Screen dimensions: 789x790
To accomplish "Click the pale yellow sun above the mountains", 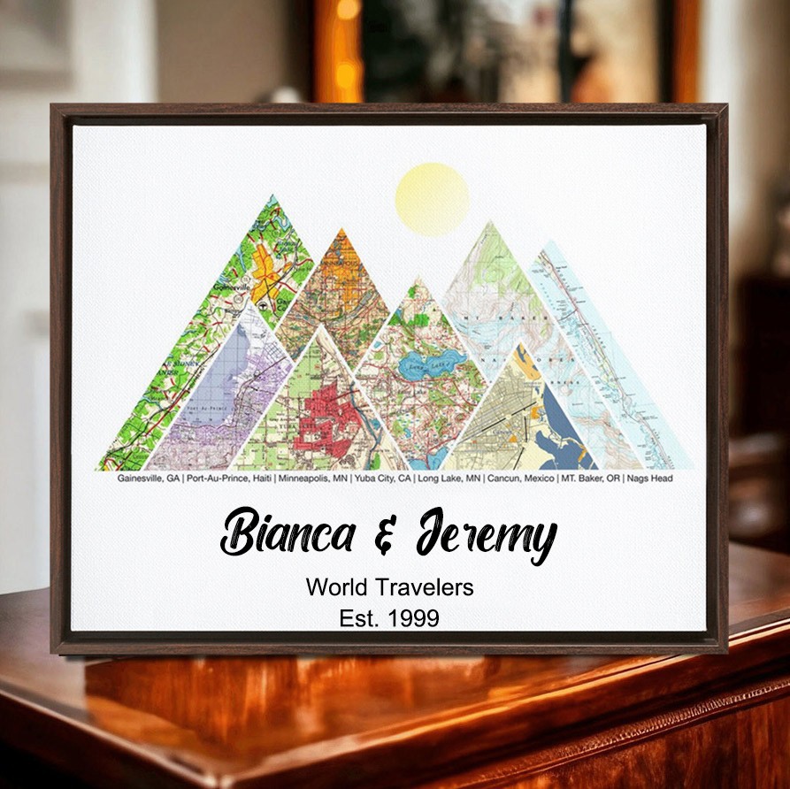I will pos(432,199).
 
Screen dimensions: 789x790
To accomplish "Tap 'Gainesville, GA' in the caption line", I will pos(149,479).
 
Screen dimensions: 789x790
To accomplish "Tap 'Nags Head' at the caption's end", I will pos(650,479).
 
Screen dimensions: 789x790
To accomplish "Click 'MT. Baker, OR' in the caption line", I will pos(590,479).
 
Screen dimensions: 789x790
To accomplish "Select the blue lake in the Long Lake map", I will pos(440,362).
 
